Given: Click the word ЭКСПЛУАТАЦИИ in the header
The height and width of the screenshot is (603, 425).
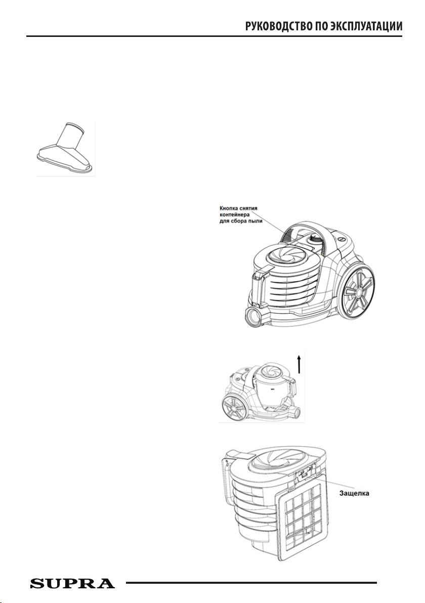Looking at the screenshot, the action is pos(366,26).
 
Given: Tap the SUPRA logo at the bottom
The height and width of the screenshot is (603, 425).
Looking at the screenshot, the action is pos(72,583).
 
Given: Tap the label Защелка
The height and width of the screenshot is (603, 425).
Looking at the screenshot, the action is pos(354,493).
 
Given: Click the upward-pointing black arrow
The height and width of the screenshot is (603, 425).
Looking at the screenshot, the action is pos(300,364).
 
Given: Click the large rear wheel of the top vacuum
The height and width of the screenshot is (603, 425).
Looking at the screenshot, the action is pos(357,291).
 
